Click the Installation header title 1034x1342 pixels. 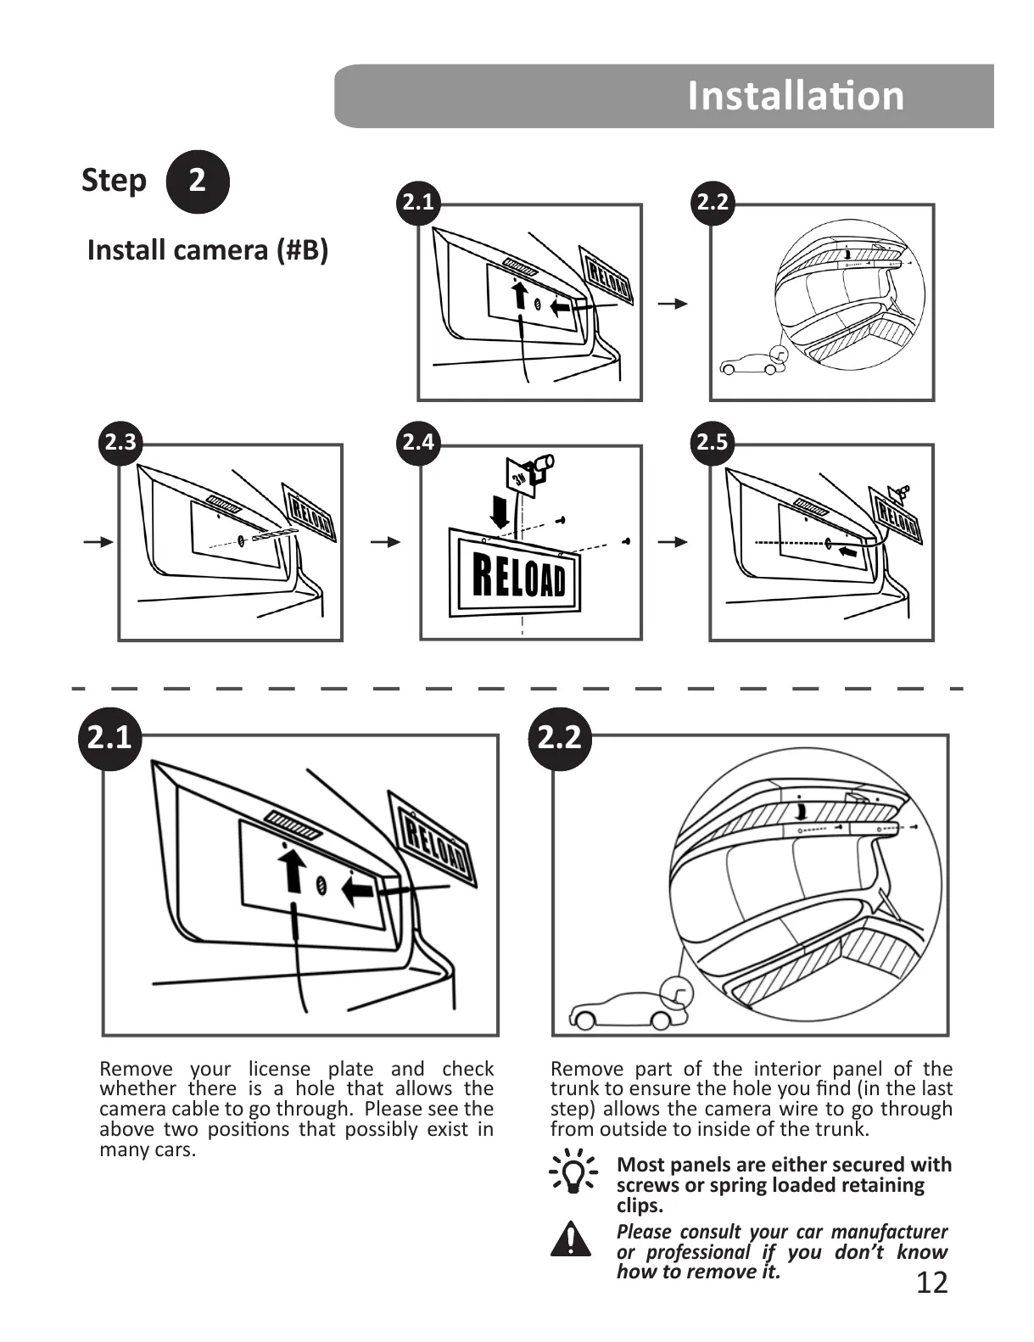point(795,95)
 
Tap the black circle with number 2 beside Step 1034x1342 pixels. point(197,181)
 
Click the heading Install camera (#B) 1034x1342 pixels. point(208,250)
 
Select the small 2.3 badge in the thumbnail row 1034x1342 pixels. point(120,442)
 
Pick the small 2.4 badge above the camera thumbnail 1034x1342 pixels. point(418,442)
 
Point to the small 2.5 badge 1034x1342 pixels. point(712,442)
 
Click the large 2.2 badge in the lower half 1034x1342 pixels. point(559,737)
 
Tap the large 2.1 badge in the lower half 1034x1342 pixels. point(109,737)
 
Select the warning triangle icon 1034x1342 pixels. point(572,1239)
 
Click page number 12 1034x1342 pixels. point(931,1283)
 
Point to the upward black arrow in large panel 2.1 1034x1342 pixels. point(293,870)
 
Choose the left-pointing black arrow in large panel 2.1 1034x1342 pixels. point(359,891)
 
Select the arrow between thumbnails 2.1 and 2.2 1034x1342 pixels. point(674,304)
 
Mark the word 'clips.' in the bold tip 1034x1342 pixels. point(640,1205)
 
